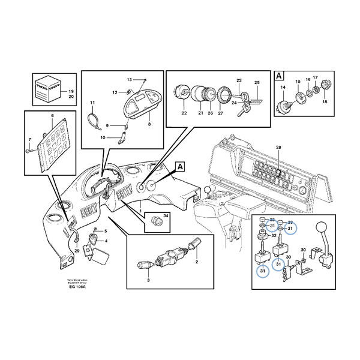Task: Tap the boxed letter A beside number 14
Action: coord(279,76)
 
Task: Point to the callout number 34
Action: coord(167,215)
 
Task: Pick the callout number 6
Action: coord(52,115)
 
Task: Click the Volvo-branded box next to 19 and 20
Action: coord(48,88)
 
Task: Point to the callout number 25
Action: coord(257,82)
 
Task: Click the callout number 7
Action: coord(28,140)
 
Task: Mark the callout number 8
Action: coord(149,124)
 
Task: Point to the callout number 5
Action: coord(106,231)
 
